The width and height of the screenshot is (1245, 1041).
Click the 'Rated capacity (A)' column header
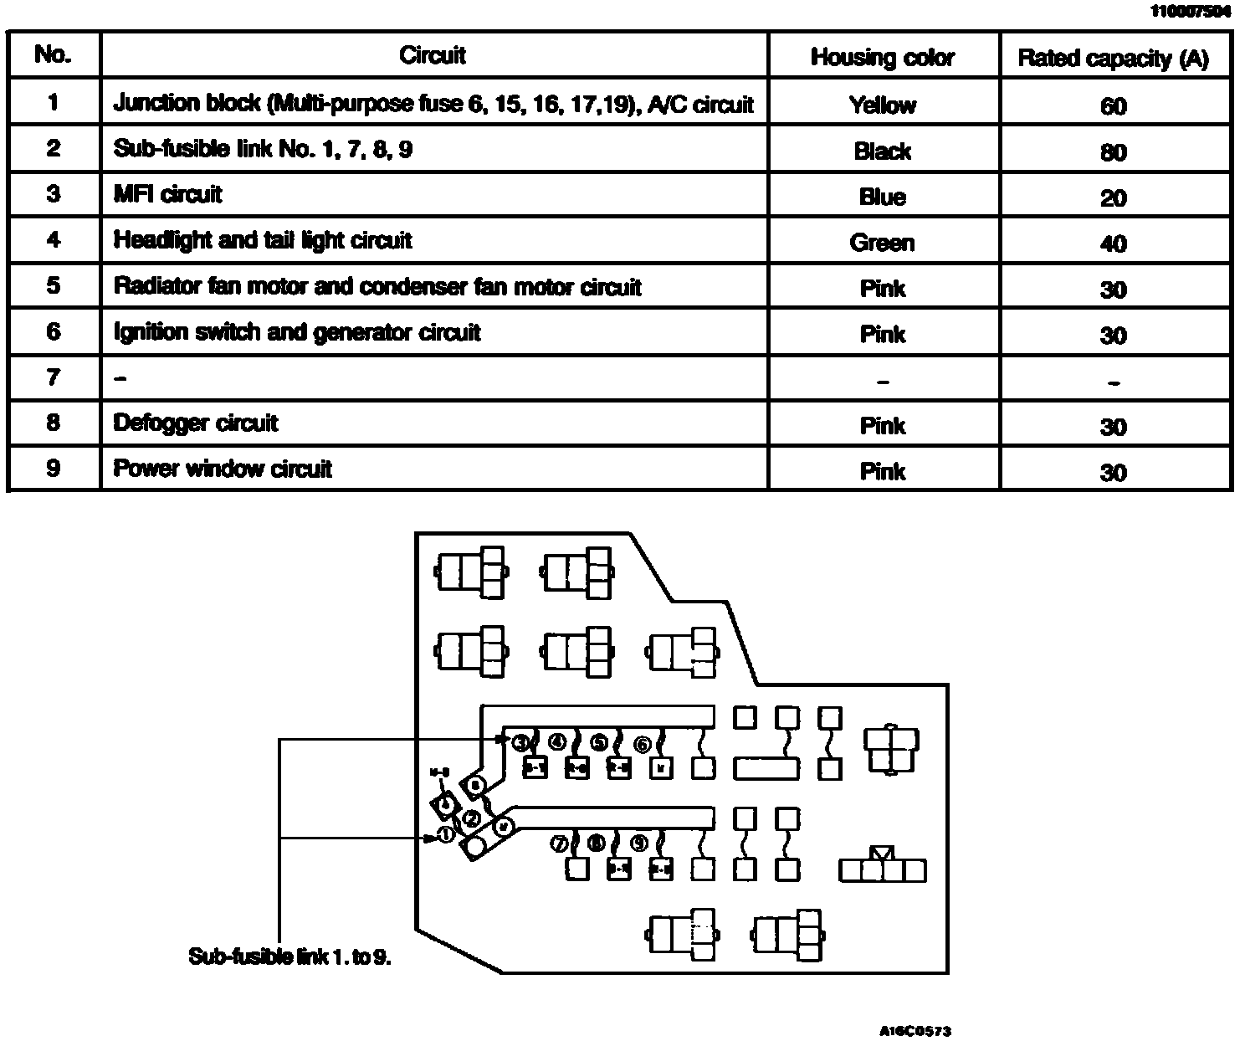tap(1113, 58)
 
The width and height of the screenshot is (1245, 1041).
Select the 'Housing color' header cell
tap(882, 57)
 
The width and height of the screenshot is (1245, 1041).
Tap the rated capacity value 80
tap(1113, 152)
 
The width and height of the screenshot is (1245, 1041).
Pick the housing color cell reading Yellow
tap(882, 105)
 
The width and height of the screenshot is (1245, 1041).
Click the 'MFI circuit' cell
tap(167, 195)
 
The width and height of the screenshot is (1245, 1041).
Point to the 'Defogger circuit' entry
tap(195, 423)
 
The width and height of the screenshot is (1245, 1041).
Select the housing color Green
tap(882, 243)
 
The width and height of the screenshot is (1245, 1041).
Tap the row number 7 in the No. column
tap(53, 377)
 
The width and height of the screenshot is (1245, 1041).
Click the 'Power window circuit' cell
tap(223, 469)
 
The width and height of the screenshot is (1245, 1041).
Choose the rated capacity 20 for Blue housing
tap(1113, 198)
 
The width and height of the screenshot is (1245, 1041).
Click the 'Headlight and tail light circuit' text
tap(263, 241)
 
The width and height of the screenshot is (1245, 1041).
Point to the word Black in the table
tap(882, 151)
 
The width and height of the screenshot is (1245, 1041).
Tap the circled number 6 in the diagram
tap(642, 744)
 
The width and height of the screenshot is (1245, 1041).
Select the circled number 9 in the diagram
tap(638, 844)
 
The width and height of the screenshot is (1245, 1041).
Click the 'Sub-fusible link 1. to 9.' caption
tap(289, 956)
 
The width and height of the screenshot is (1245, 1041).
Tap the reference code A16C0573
tap(915, 1031)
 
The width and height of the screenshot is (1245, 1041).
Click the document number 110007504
tap(1190, 11)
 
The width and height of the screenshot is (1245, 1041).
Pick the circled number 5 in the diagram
tap(598, 742)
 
